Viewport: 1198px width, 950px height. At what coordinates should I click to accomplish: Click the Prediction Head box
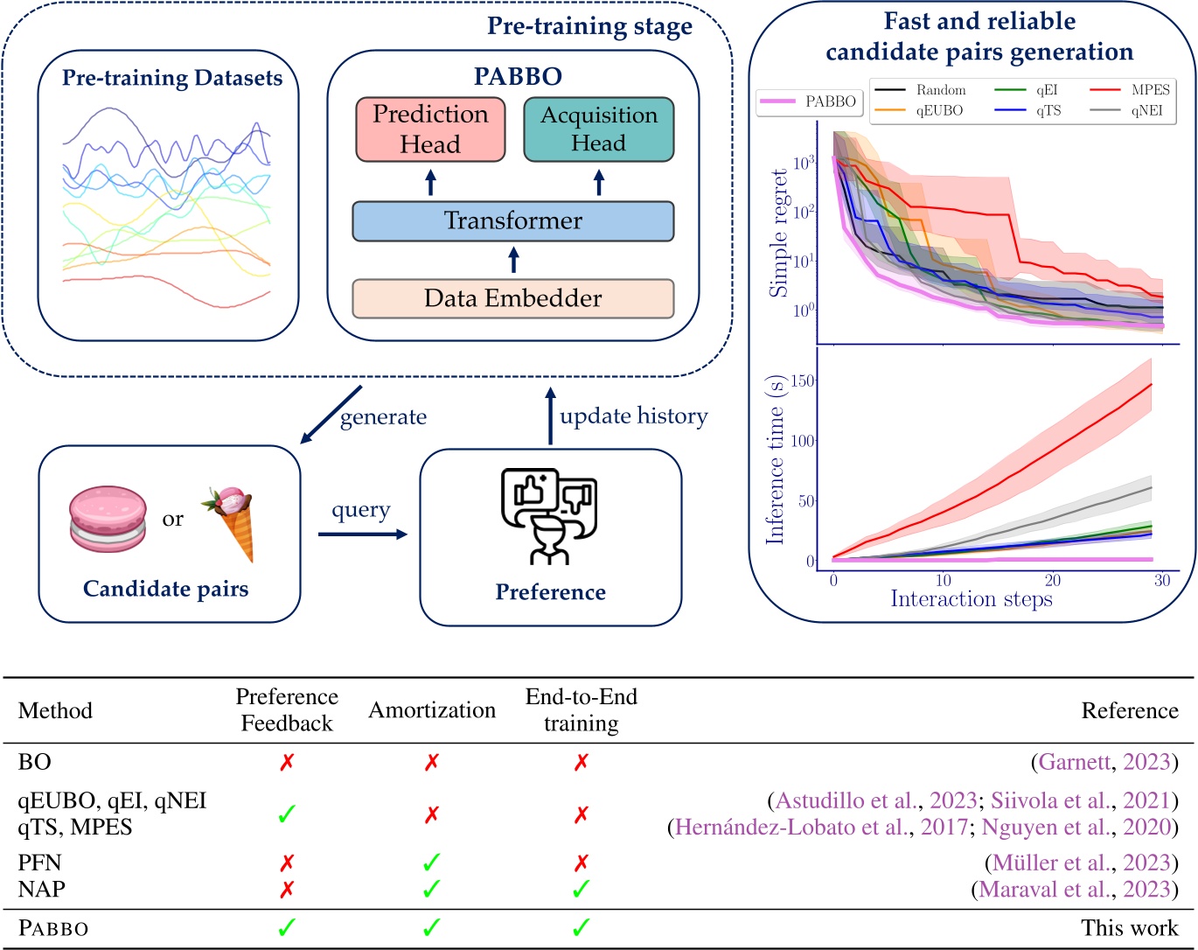pyautogui.click(x=430, y=129)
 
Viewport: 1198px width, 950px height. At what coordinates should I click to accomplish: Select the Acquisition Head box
pyautogui.click(x=598, y=129)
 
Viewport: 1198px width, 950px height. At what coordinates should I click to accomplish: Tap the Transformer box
pyautogui.click(x=512, y=221)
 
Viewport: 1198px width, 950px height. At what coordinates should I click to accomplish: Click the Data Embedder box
pyautogui.click(x=512, y=299)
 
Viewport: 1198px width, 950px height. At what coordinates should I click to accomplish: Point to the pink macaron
pyautogui.click(x=108, y=519)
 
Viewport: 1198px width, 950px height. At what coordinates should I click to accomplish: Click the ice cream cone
pyautogui.click(x=231, y=522)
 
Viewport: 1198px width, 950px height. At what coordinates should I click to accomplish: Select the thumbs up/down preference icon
pyautogui.click(x=549, y=516)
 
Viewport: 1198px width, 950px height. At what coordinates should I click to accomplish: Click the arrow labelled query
pyautogui.click(x=362, y=534)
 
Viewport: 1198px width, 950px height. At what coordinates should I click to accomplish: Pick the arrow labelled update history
pyautogui.click(x=550, y=416)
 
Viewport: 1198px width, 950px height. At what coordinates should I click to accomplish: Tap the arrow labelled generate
pyautogui.click(x=331, y=414)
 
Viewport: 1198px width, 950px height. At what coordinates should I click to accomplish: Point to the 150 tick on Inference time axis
pyautogui.click(x=802, y=381)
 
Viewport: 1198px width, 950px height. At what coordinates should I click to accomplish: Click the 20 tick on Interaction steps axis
pyautogui.click(x=1053, y=580)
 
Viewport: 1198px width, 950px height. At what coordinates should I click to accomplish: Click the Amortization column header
pyautogui.click(x=432, y=710)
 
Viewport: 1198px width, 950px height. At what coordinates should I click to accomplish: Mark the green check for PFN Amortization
pyautogui.click(x=431, y=863)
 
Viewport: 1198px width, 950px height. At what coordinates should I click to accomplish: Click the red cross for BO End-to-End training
pyautogui.click(x=581, y=763)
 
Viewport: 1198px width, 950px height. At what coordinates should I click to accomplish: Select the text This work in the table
pyautogui.click(x=1129, y=928)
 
